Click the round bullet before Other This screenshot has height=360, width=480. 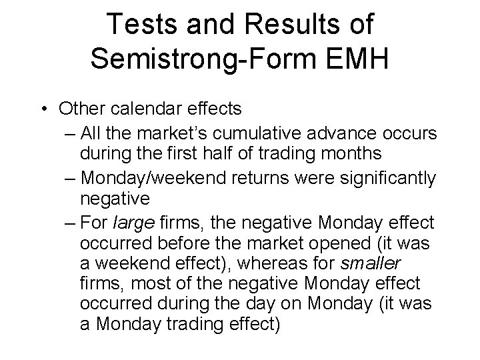[x=44, y=109]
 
